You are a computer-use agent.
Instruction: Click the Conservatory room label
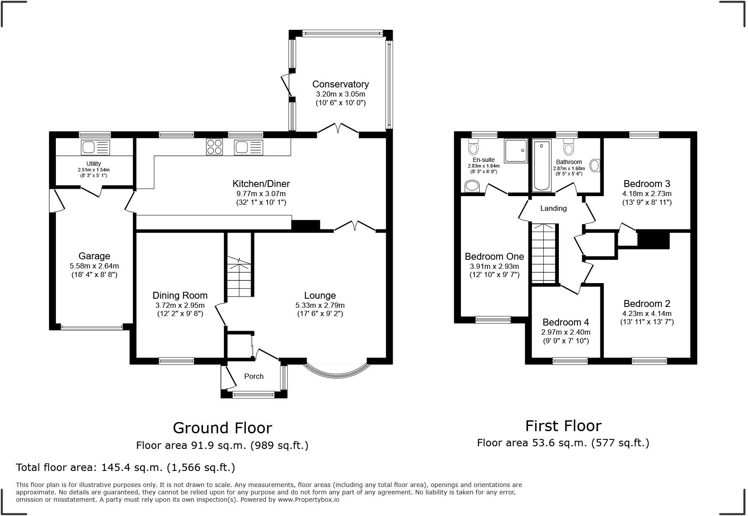(x=340, y=84)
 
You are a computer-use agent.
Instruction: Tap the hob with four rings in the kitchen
(x=214, y=147)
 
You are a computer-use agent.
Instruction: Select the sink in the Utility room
(x=95, y=148)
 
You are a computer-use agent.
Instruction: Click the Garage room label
(x=94, y=256)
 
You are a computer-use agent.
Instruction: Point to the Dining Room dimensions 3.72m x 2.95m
(x=180, y=305)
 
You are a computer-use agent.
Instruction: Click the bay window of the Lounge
(x=337, y=372)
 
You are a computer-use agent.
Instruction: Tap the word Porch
(x=254, y=376)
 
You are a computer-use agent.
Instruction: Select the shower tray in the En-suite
(x=516, y=151)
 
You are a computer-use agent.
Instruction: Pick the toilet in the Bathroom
(x=568, y=147)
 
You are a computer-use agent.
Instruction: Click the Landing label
(x=553, y=208)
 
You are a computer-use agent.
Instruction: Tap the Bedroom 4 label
(x=565, y=322)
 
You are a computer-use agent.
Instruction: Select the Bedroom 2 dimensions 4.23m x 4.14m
(x=647, y=313)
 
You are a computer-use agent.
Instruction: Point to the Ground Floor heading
(x=222, y=428)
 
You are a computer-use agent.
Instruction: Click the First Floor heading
(x=563, y=426)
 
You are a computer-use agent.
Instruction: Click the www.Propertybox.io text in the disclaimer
(x=309, y=500)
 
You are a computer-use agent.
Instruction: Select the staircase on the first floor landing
(x=543, y=253)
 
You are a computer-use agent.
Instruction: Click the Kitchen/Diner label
(x=261, y=184)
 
